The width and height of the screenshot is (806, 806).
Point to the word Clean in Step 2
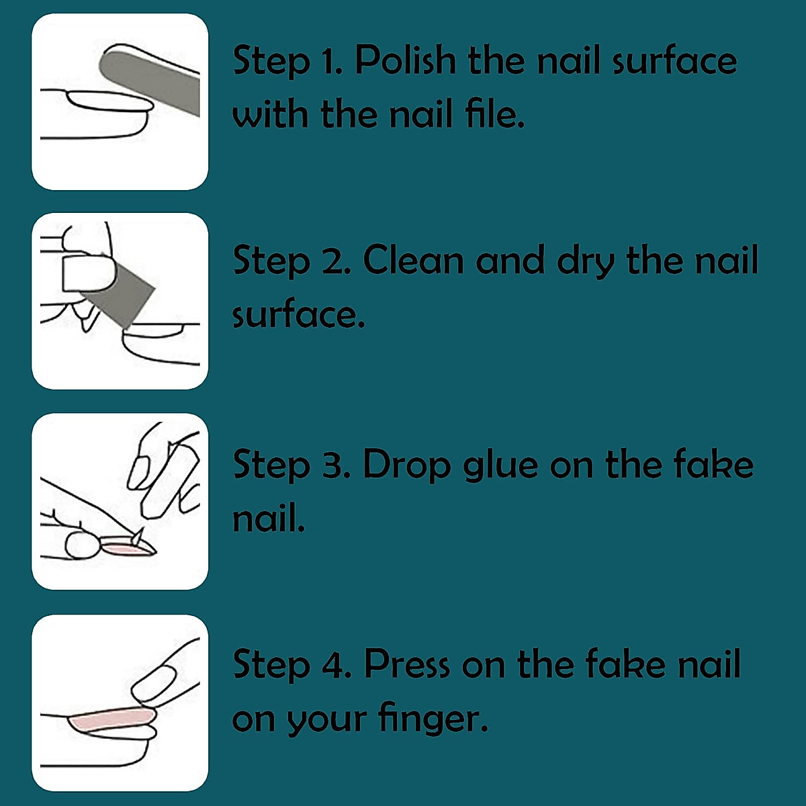[413, 261]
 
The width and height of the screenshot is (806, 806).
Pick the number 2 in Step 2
[333, 261]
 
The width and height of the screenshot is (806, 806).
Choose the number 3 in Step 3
[334, 465]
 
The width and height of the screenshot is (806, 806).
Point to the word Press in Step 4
[406, 664]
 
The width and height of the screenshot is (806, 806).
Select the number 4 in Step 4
[334, 665]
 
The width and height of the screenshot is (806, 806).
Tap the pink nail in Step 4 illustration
[107, 721]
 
